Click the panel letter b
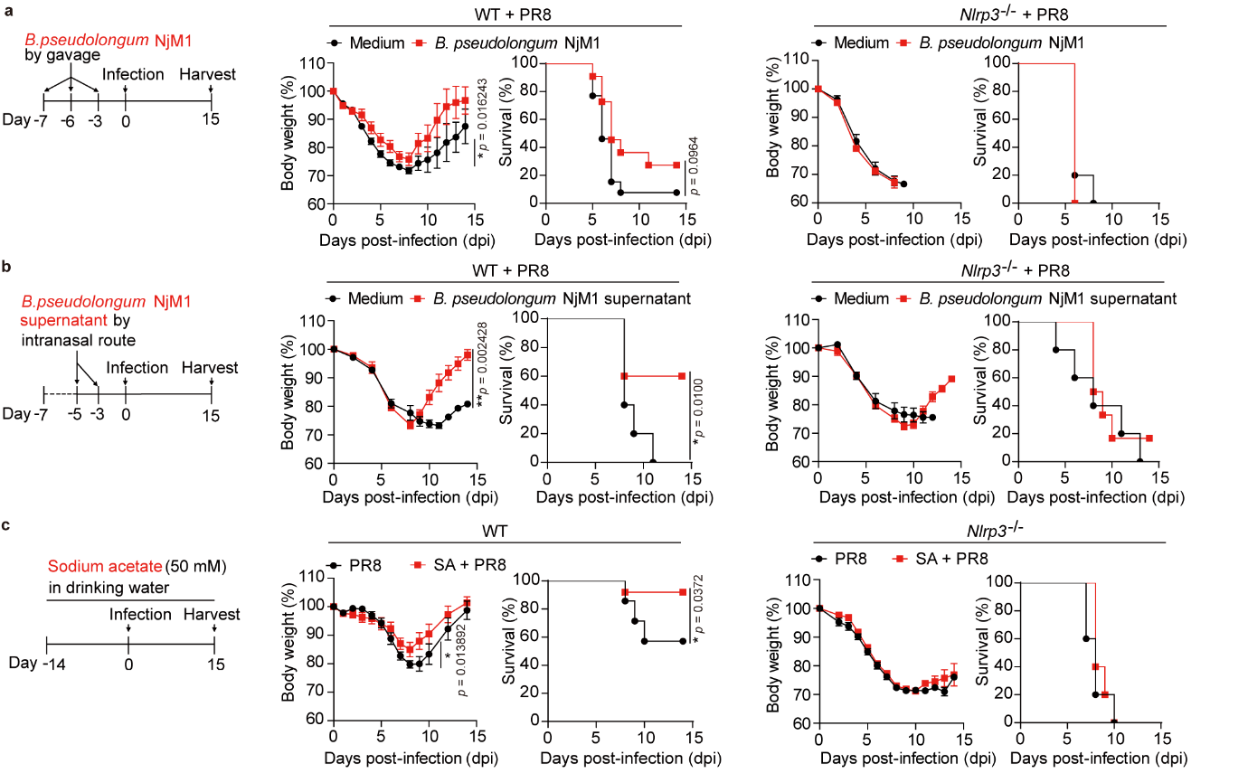click(8, 269)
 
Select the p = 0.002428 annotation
click(481, 363)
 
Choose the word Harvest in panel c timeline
click(213, 615)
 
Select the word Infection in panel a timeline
click(132, 73)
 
